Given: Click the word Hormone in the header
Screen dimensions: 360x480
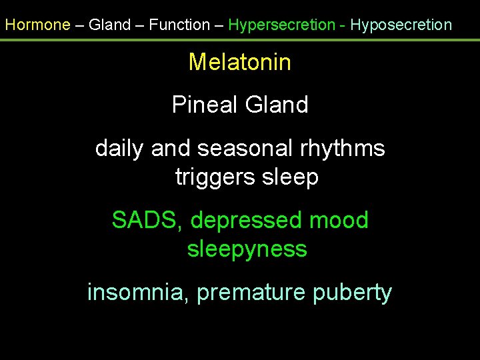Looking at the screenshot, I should pyautogui.click(x=37, y=25).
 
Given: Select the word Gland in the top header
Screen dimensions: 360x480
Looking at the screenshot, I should pyautogui.click(x=110, y=25).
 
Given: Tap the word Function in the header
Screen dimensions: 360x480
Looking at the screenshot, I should pyautogui.click(x=179, y=25).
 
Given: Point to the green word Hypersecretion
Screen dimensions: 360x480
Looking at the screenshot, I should pyautogui.click(x=281, y=25).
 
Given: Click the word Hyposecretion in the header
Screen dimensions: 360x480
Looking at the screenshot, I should pyautogui.click(x=401, y=25).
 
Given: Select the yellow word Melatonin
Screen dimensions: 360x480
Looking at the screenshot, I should pyautogui.click(x=240, y=62).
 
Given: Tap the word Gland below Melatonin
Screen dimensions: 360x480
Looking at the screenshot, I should pyautogui.click(x=277, y=105).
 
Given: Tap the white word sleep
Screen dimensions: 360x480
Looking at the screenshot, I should pyautogui.click(x=291, y=177).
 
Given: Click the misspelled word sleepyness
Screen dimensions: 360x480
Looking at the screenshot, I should pyautogui.click(x=247, y=249).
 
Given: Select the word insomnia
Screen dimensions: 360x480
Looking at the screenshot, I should pyautogui.click(x=137, y=292).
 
